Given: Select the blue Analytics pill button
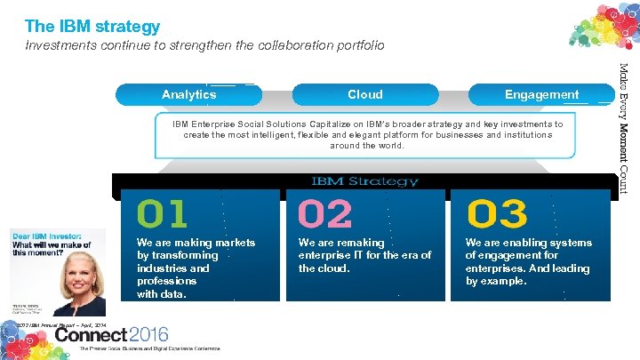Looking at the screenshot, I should tap(188, 94).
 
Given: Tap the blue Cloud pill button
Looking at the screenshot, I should tap(364, 94).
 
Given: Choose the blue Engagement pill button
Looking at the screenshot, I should tap(541, 94).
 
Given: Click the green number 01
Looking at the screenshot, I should tap(162, 214).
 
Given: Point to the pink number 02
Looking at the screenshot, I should tap(324, 214).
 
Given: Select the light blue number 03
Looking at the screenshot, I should tap(497, 214).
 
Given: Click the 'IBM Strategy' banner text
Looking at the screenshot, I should tap(364, 181).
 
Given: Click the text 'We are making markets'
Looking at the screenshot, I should tap(196, 243).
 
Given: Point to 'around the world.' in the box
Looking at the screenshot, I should tap(367, 146).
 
